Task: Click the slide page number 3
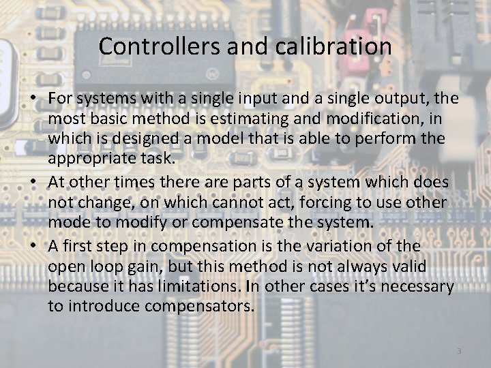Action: pyautogui.click(x=459, y=351)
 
